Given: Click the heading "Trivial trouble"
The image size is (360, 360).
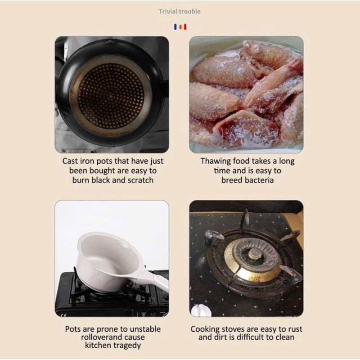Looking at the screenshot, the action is point(180,11).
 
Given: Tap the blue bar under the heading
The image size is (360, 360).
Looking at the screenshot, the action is point(175,27).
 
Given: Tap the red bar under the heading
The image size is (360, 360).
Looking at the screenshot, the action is point(185,27).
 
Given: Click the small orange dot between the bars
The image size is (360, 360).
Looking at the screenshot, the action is point(180,27).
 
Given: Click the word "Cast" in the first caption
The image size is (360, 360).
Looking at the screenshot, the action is point(70,161).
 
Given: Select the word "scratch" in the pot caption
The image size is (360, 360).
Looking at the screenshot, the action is point(140,180).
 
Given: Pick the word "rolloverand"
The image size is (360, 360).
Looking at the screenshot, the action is point(100,337).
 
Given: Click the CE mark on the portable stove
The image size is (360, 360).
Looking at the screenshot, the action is point(64,315).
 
